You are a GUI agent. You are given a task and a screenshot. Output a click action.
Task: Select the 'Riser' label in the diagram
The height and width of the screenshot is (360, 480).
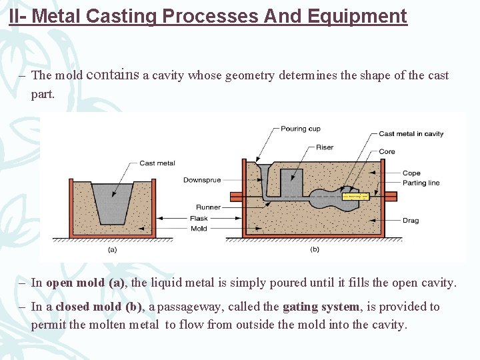click(325, 147)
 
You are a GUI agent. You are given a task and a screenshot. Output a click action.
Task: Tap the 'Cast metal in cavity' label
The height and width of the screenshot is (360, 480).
click(411, 134)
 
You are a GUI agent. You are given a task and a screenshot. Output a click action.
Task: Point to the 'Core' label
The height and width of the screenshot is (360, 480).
click(387, 151)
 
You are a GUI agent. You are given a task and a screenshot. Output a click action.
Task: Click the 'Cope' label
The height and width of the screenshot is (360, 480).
click(411, 173)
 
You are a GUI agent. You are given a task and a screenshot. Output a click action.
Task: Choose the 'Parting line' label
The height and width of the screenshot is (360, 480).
click(421, 183)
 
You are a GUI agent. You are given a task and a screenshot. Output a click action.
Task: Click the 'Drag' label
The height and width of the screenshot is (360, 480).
click(411, 221)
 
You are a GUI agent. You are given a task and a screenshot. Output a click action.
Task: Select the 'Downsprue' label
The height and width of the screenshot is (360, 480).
click(202, 180)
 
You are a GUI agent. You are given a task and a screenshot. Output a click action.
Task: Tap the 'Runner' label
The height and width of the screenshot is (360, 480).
click(208, 207)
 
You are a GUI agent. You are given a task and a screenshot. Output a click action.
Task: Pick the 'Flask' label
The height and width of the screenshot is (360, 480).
click(199, 218)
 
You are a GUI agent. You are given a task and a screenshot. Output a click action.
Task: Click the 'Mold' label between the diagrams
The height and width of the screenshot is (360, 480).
click(199, 229)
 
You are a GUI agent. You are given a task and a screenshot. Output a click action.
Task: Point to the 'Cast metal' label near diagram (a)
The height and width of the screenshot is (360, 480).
click(157, 163)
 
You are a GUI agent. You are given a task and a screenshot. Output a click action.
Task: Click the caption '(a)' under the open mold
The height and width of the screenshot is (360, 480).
click(113, 249)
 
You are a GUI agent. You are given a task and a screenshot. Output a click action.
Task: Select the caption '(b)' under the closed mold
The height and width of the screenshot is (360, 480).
click(315, 249)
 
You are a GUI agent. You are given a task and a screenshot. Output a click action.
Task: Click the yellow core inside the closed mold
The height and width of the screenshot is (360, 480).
click(355, 197)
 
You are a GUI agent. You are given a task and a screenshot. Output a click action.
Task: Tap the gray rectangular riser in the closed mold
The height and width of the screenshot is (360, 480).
click(291, 181)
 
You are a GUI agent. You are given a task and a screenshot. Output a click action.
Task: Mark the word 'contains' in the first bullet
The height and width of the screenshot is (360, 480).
click(113, 75)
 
